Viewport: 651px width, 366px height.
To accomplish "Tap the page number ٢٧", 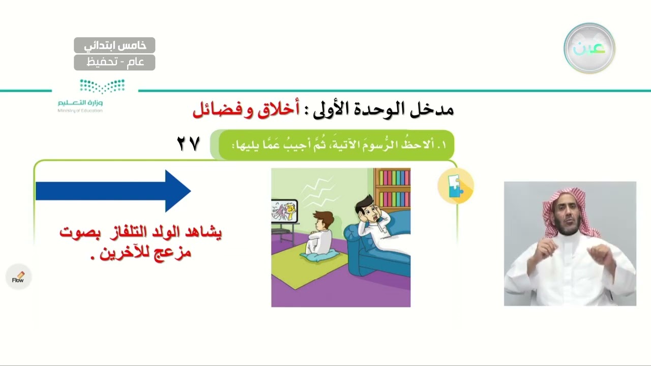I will pos(188,144).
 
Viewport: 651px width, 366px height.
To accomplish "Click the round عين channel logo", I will pos(589,48).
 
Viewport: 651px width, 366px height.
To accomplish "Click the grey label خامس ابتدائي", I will pos(114,45).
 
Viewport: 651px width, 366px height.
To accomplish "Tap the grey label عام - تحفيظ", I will pos(114,63).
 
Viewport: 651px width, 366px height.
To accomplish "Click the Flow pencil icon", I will pos(18,277).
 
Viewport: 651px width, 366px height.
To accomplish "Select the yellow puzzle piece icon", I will pos(455,187).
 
